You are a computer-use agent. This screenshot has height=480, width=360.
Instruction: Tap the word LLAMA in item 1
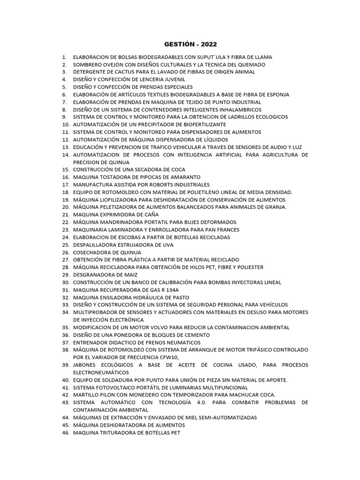[263, 57]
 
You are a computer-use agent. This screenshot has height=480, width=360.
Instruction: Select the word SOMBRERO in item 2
[88, 64]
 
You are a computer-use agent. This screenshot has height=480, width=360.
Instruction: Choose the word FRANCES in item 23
[228, 229]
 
